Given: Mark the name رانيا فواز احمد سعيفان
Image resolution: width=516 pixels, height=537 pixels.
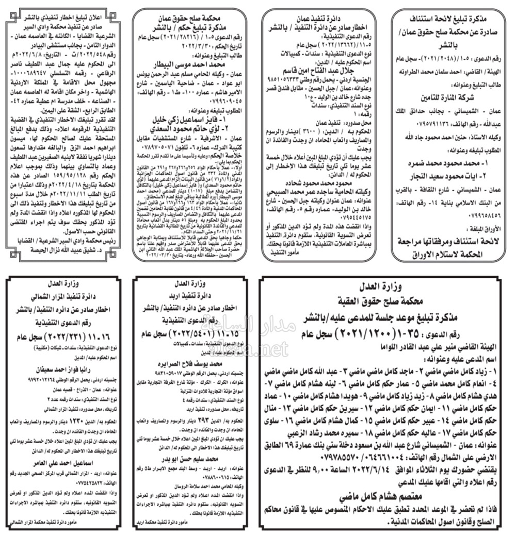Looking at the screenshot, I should click(67, 370).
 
